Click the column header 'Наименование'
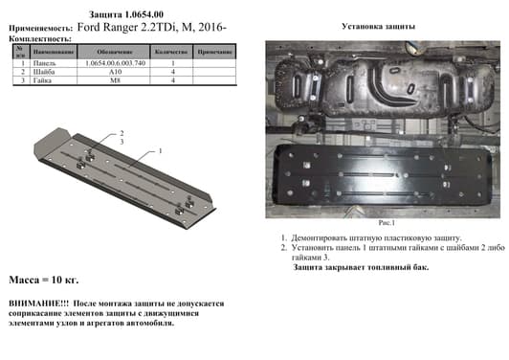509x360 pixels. [49, 51]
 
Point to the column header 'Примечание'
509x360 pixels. [214, 51]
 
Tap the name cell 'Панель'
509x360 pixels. [42, 62]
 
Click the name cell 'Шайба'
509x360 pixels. [42, 72]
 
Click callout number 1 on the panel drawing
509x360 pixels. [162, 150]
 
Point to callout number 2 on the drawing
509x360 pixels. [122, 132]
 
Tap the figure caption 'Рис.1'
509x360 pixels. [387, 220]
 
